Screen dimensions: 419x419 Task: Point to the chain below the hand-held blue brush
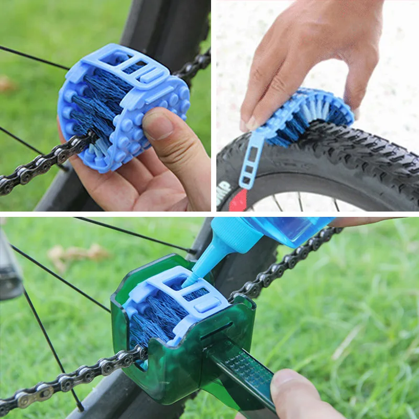click(37, 168)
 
